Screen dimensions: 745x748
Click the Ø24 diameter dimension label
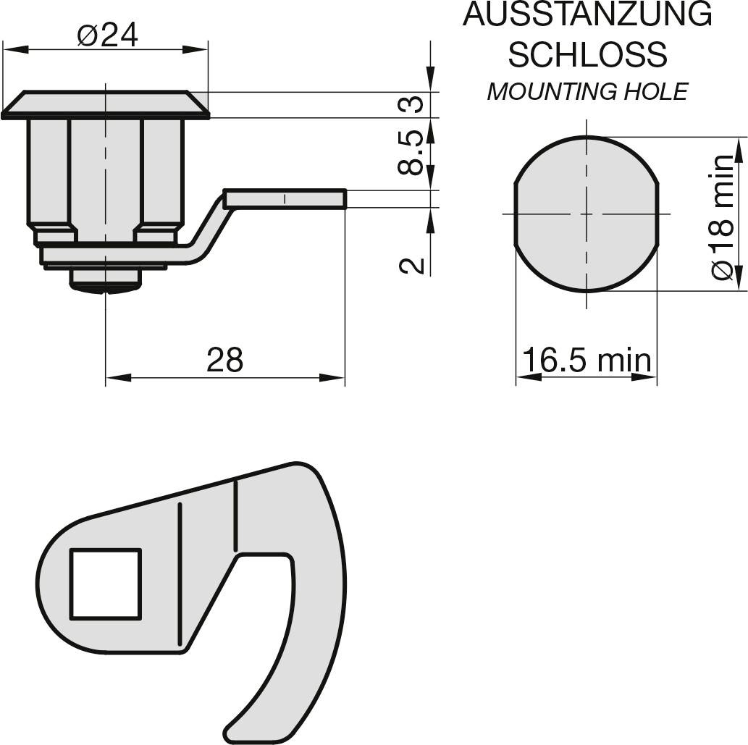pos(106,34)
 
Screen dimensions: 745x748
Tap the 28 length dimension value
pos(224,359)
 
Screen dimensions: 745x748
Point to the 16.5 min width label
pos(587,359)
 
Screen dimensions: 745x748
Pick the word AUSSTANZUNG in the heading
pos(587,14)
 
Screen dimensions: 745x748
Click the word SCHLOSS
pos(587,54)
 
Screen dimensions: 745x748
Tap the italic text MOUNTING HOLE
pos(587,92)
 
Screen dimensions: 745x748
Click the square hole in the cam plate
pos(105,584)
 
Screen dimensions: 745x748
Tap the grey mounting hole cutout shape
pos(587,214)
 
